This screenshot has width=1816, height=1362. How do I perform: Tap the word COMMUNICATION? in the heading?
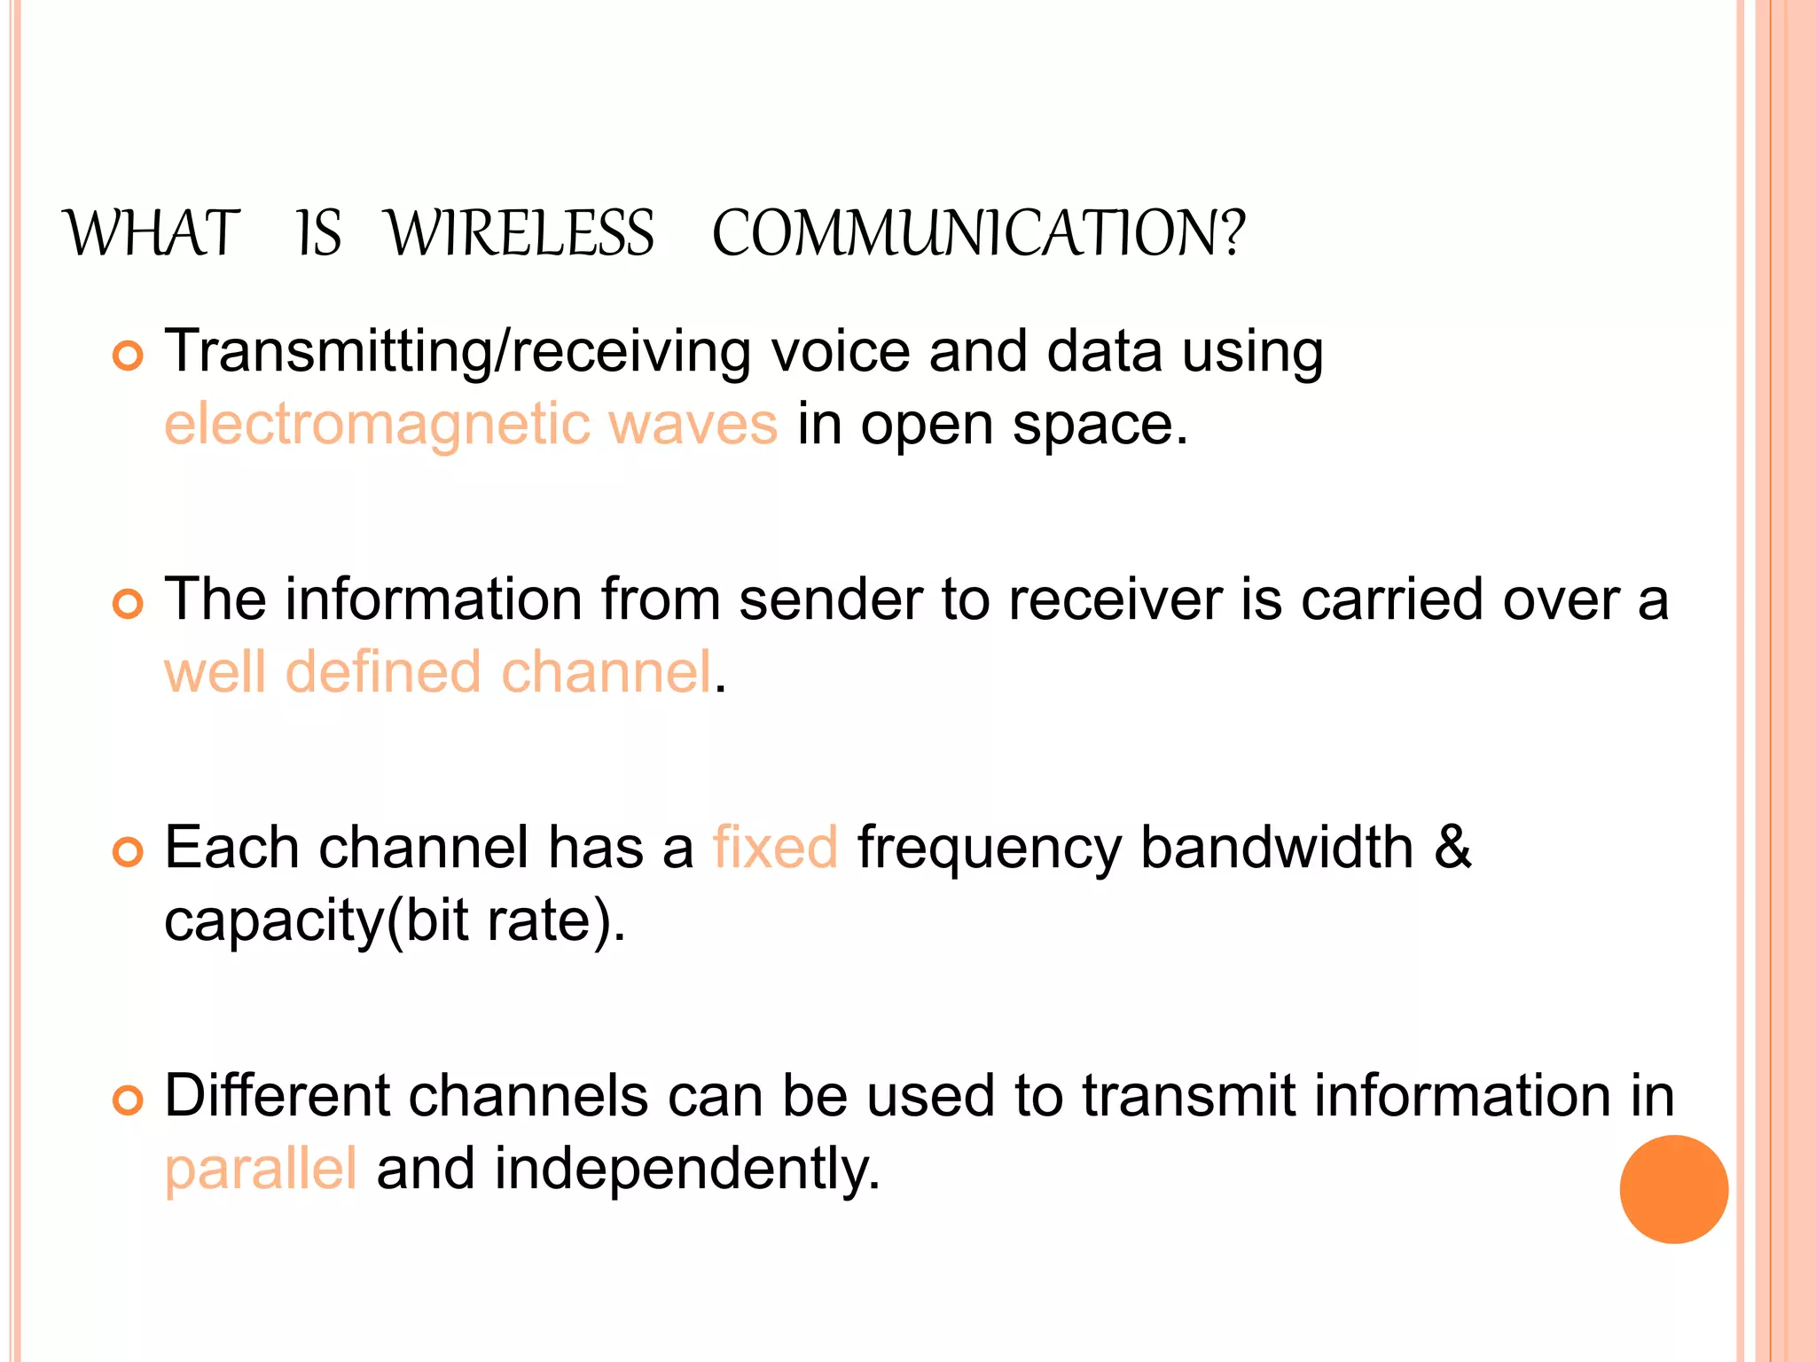[979, 234]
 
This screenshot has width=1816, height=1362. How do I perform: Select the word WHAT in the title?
[153, 234]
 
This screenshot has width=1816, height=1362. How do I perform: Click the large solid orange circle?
[1673, 1189]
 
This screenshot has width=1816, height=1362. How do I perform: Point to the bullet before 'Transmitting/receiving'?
[128, 356]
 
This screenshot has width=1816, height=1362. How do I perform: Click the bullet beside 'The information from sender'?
[128, 605]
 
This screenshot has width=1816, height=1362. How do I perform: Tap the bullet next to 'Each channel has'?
[128, 853]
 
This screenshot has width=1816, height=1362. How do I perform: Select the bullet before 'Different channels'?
[128, 1101]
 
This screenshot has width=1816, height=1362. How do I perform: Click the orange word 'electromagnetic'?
[377, 425]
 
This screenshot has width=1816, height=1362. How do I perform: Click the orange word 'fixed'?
[775, 848]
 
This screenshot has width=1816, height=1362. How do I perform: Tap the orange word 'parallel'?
[261, 1169]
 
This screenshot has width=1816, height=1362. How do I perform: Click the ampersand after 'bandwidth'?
[1452, 848]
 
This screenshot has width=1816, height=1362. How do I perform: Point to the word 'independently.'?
[687, 1169]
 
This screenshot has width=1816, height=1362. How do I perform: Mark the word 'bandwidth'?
[1277, 848]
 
